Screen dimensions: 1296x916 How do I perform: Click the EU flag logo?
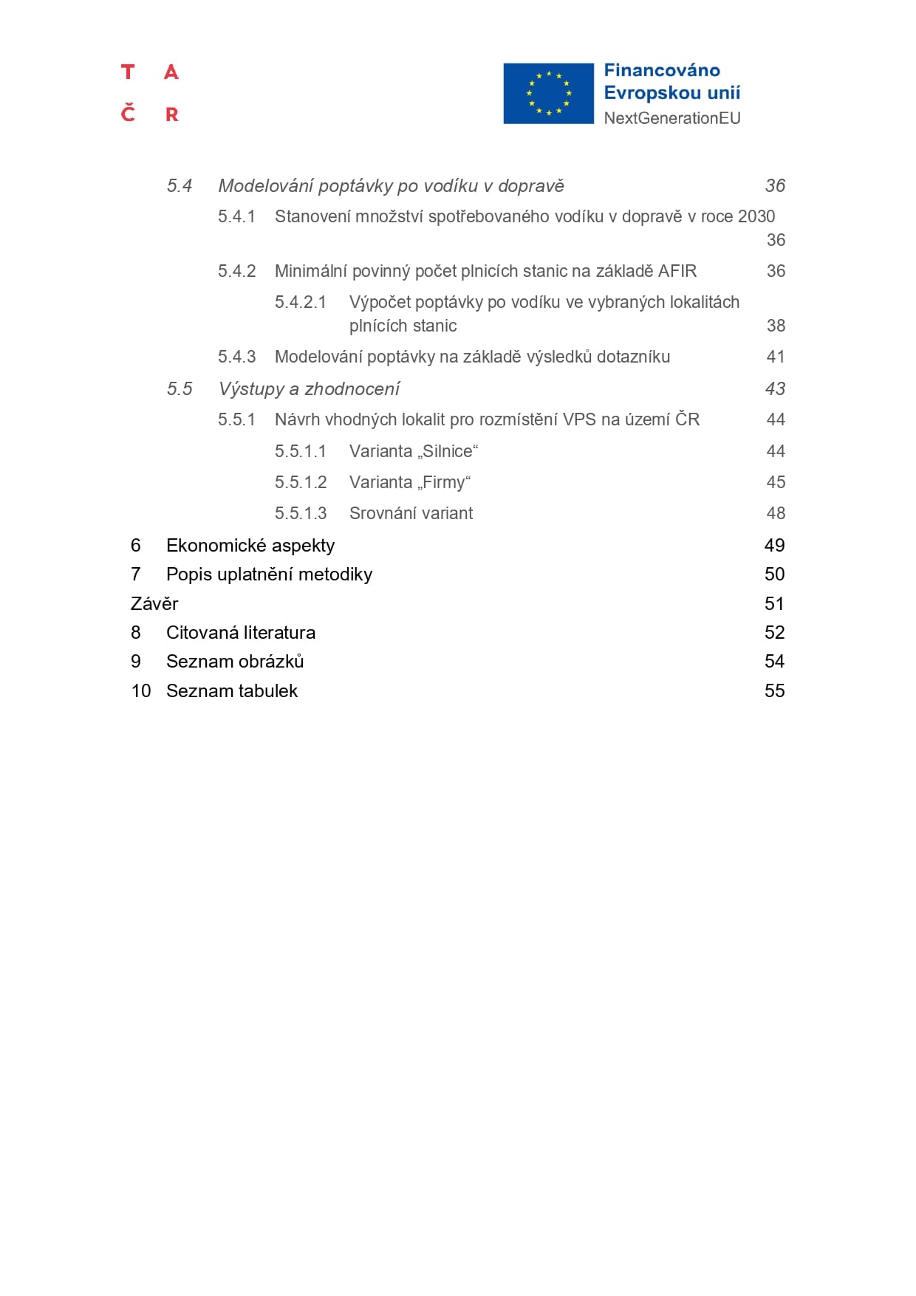pyautogui.click(x=548, y=94)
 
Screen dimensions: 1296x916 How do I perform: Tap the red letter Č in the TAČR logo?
pyautogui.click(x=129, y=113)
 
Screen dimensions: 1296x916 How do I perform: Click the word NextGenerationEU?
pyautogui.click(x=671, y=118)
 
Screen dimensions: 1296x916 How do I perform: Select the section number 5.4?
pyautogui.click(x=180, y=186)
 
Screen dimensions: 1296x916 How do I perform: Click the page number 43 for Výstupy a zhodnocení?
pyautogui.click(x=775, y=389)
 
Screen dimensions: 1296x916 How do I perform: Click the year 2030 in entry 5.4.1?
pyautogui.click(x=756, y=216)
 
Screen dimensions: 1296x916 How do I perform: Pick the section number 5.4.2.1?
pyautogui.click(x=300, y=303)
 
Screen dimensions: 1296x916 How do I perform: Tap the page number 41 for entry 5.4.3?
pyautogui.click(x=776, y=357)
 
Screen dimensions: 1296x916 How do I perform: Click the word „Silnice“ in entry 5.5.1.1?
pyautogui.click(x=448, y=451)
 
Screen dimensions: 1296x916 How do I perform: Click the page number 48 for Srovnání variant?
pyautogui.click(x=776, y=514)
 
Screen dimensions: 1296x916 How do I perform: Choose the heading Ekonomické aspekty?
pyautogui.click(x=250, y=546)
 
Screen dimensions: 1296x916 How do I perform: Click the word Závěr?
pyautogui.click(x=154, y=604)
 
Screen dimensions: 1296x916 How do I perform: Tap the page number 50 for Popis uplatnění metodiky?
pyautogui.click(x=774, y=575)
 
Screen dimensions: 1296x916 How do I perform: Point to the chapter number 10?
pyautogui.click(x=141, y=691)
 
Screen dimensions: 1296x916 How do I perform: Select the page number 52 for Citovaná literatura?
pyautogui.click(x=774, y=633)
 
